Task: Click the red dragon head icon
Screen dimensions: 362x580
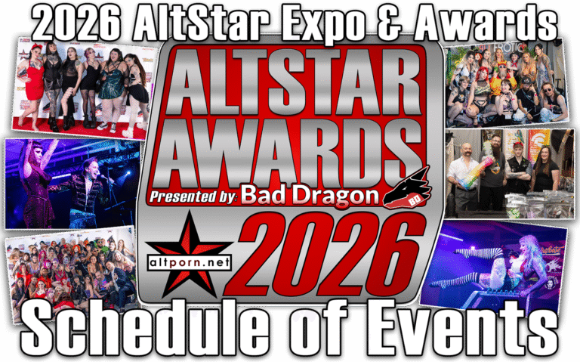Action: click(x=406, y=187)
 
